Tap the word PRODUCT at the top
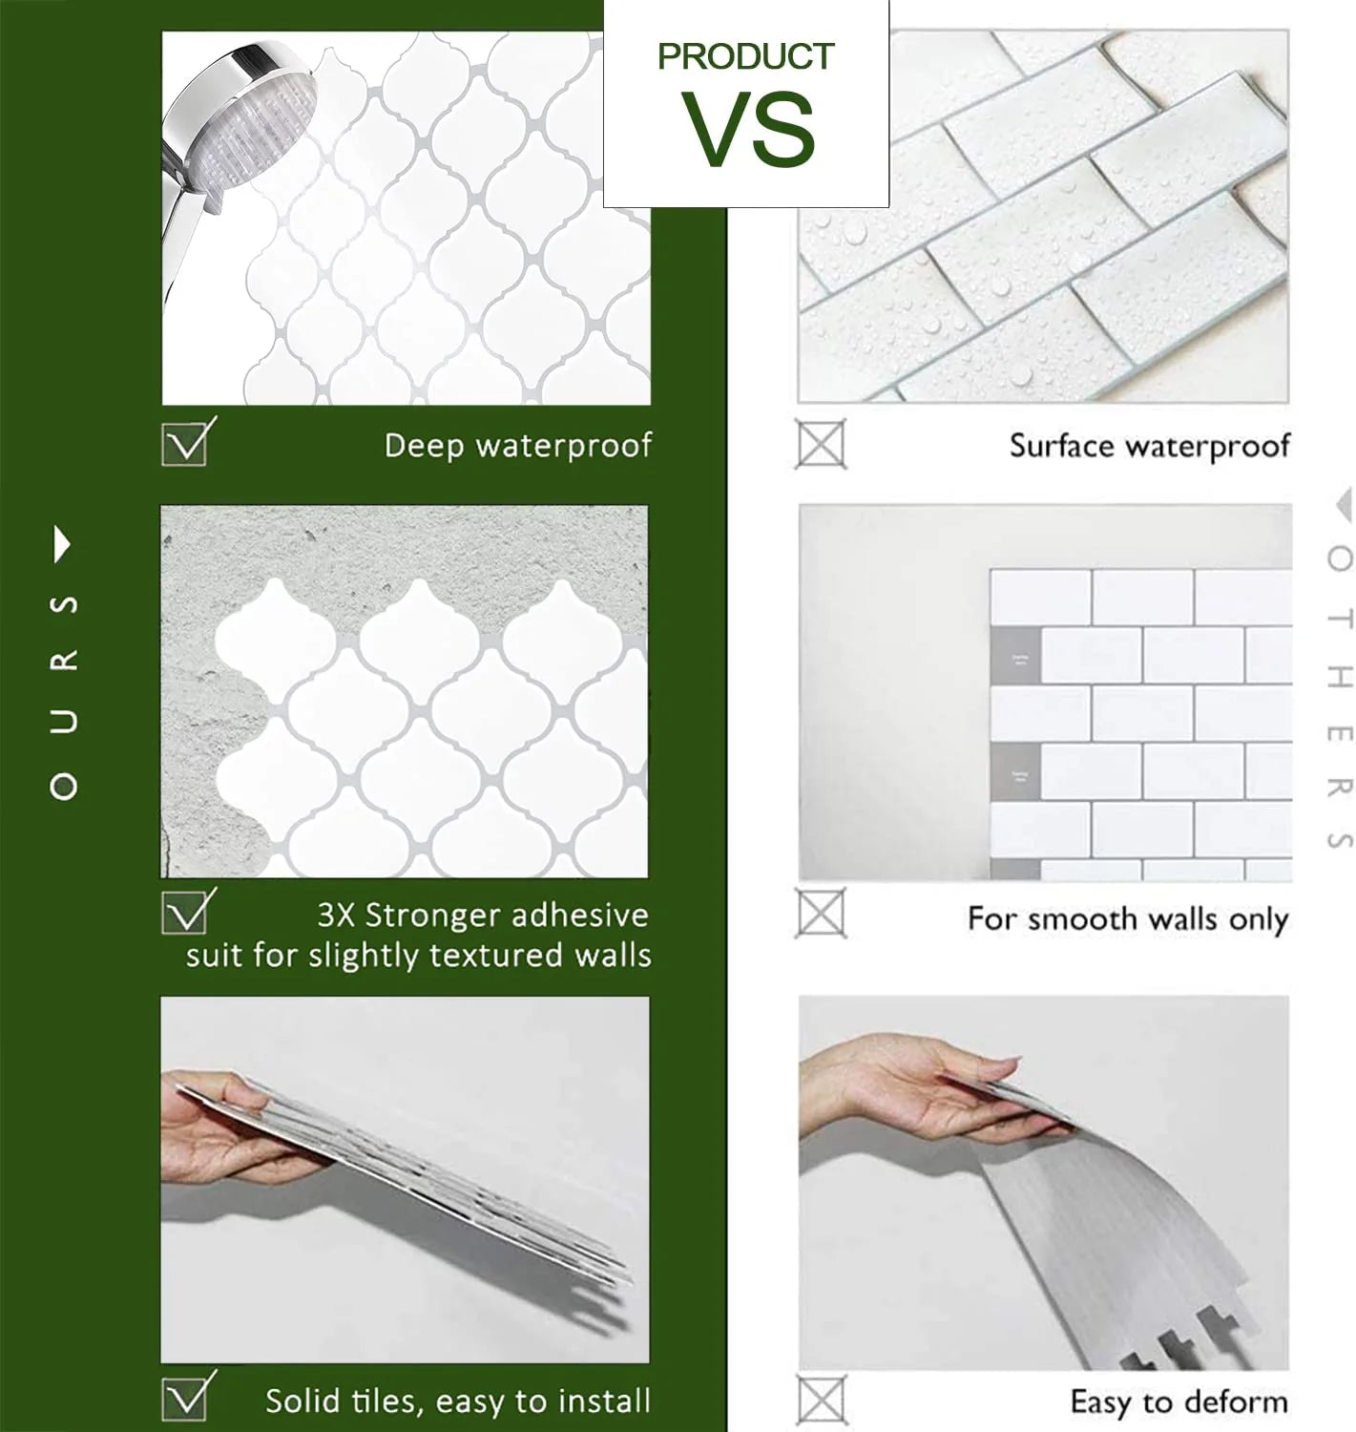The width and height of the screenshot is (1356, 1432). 745,56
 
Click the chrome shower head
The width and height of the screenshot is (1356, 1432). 230,135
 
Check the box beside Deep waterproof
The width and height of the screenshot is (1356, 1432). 186,444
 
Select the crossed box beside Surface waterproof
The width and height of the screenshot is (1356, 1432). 820,444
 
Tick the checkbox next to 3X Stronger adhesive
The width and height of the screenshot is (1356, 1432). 186,914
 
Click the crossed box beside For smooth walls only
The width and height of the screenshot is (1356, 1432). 820,914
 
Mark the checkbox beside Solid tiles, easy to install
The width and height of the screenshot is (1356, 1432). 186,1397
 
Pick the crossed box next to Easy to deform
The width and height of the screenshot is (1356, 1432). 820,1400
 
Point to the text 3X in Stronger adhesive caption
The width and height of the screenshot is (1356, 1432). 336,915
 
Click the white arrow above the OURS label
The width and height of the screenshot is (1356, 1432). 63,544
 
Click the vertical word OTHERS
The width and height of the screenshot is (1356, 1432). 1339,698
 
